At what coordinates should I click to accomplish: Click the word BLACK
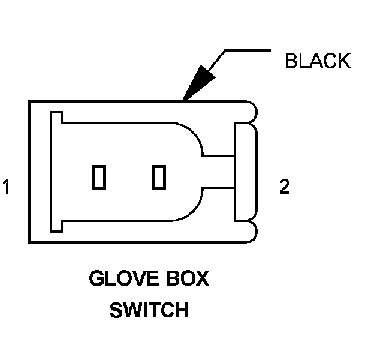point(318,61)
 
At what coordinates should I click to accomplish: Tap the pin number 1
point(7,187)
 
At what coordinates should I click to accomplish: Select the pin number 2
point(285,187)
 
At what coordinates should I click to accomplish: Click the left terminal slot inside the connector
point(99,177)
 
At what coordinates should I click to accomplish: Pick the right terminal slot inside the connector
point(159,177)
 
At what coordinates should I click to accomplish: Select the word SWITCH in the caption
point(149,310)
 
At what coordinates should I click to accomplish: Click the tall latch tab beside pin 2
point(245,171)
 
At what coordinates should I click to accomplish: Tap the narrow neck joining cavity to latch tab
point(218,171)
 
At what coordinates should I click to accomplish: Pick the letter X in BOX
point(202,280)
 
